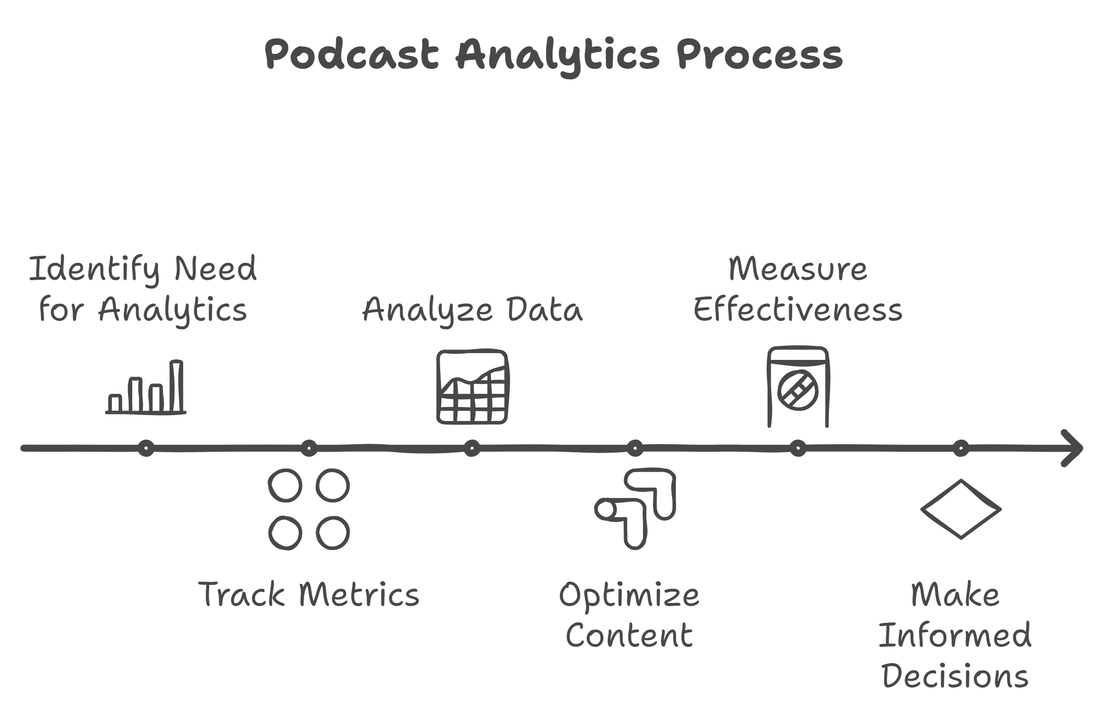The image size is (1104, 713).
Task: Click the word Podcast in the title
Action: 351,54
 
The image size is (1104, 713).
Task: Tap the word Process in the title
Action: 759,54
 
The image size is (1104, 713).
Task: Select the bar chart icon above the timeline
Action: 146,387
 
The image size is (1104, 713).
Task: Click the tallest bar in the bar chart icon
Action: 177,386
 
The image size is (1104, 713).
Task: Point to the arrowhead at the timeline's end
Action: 1072,448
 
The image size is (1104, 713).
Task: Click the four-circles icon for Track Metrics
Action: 309,509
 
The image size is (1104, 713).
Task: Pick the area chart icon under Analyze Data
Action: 472,387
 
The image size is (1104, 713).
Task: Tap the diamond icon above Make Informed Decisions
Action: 961,509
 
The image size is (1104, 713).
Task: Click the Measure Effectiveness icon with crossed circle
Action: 798,387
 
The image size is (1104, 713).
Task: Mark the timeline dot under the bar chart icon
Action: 146,448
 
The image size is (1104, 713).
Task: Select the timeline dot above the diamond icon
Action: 961,448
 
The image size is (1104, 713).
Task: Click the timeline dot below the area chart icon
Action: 472,448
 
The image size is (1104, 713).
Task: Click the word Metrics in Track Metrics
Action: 360,594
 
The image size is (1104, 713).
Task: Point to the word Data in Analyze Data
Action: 545,309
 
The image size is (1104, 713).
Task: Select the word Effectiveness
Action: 798,309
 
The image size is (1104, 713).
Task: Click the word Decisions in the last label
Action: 955,676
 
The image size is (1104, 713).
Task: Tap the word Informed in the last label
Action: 955,635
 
